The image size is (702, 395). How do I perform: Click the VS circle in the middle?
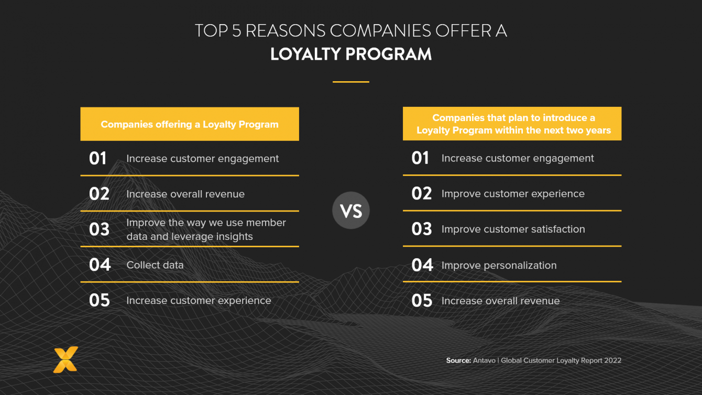click(351, 211)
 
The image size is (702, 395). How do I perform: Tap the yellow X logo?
click(65, 359)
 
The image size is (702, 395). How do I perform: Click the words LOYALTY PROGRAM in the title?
click(351, 54)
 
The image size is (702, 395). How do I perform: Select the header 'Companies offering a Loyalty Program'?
click(190, 124)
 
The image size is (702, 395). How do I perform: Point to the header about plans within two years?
click(512, 124)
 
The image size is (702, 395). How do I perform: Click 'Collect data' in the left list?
click(155, 265)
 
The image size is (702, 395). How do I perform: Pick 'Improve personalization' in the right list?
click(499, 265)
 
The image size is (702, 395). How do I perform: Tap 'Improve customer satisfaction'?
click(513, 229)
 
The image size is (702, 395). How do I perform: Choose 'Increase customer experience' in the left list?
click(199, 300)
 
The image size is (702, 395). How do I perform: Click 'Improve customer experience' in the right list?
click(513, 193)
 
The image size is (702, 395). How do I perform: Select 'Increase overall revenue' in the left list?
click(185, 194)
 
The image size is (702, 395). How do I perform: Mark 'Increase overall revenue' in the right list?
click(500, 301)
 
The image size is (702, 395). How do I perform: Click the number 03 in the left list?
click(99, 229)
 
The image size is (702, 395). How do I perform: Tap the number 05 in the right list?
click(422, 301)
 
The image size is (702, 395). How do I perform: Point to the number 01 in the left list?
click(98, 158)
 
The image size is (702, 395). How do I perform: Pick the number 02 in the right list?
click(422, 193)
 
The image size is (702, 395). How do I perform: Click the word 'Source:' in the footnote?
click(458, 360)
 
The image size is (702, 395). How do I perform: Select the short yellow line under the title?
click(351, 82)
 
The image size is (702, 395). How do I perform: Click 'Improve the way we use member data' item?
click(206, 229)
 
